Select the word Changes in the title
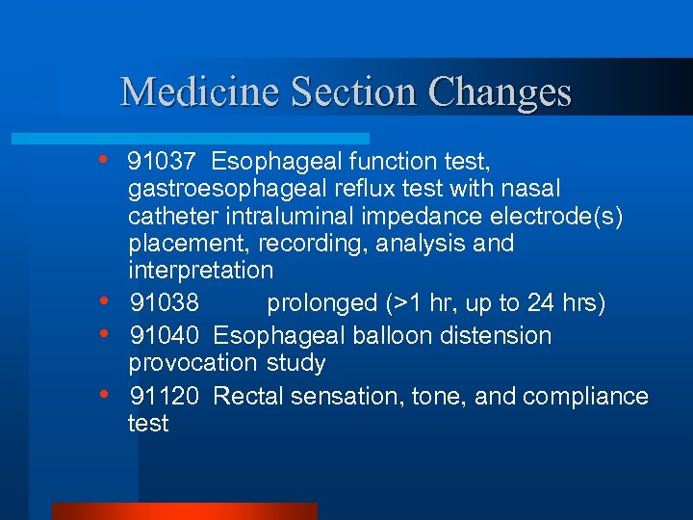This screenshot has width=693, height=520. click(500, 92)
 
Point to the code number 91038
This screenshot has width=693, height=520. click(165, 303)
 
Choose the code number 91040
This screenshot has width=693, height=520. click(165, 336)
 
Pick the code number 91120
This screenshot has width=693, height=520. click(165, 396)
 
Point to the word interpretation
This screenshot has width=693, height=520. click(200, 270)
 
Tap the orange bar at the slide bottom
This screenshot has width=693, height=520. click(184, 511)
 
